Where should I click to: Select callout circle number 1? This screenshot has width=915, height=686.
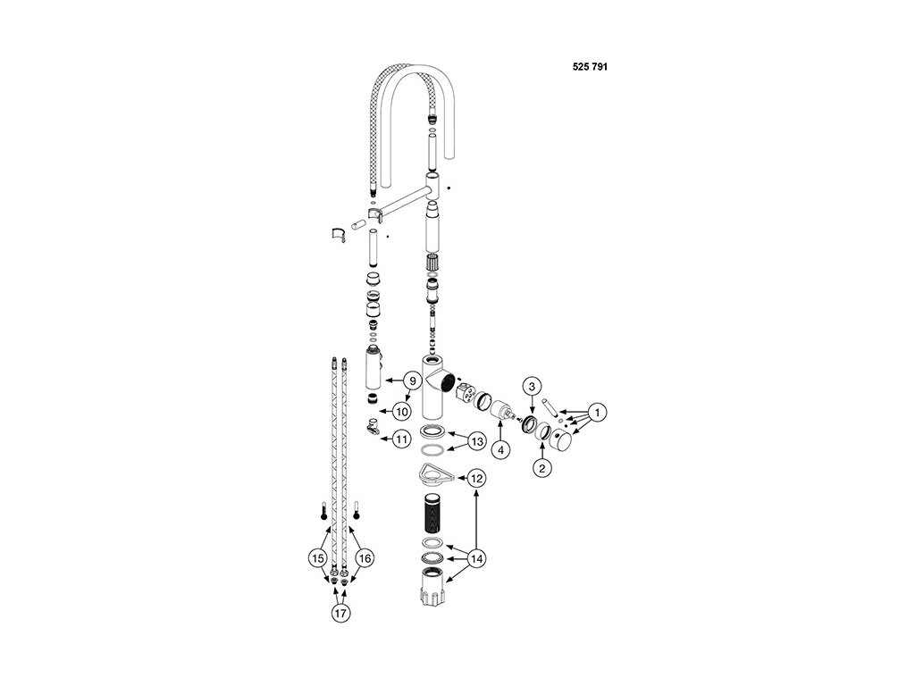tap(598, 412)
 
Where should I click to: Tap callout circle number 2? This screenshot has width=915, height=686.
tap(541, 465)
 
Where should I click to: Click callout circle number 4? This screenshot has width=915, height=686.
tap(501, 450)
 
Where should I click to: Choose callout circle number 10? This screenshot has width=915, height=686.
tap(401, 411)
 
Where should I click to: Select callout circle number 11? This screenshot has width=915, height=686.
tap(401, 439)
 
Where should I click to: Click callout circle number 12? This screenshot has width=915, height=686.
tap(476, 479)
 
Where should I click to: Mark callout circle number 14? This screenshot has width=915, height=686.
tap(476, 558)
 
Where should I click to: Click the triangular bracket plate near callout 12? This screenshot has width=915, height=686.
tap(437, 473)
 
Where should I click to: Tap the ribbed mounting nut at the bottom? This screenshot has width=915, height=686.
tap(436, 591)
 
